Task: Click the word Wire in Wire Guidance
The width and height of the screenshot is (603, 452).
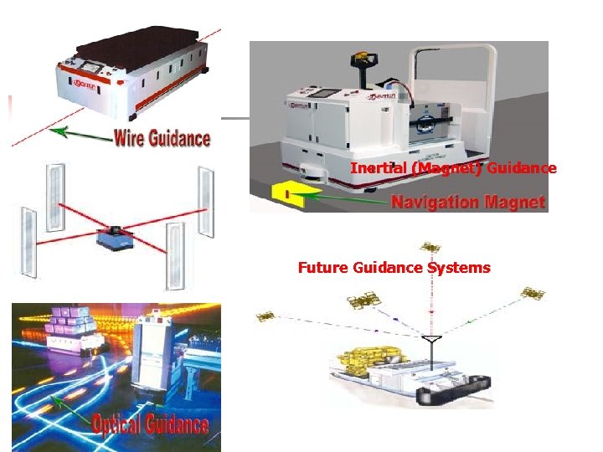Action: [x=132, y=136]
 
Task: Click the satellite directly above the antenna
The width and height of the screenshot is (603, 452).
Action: [x=431, y=248]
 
